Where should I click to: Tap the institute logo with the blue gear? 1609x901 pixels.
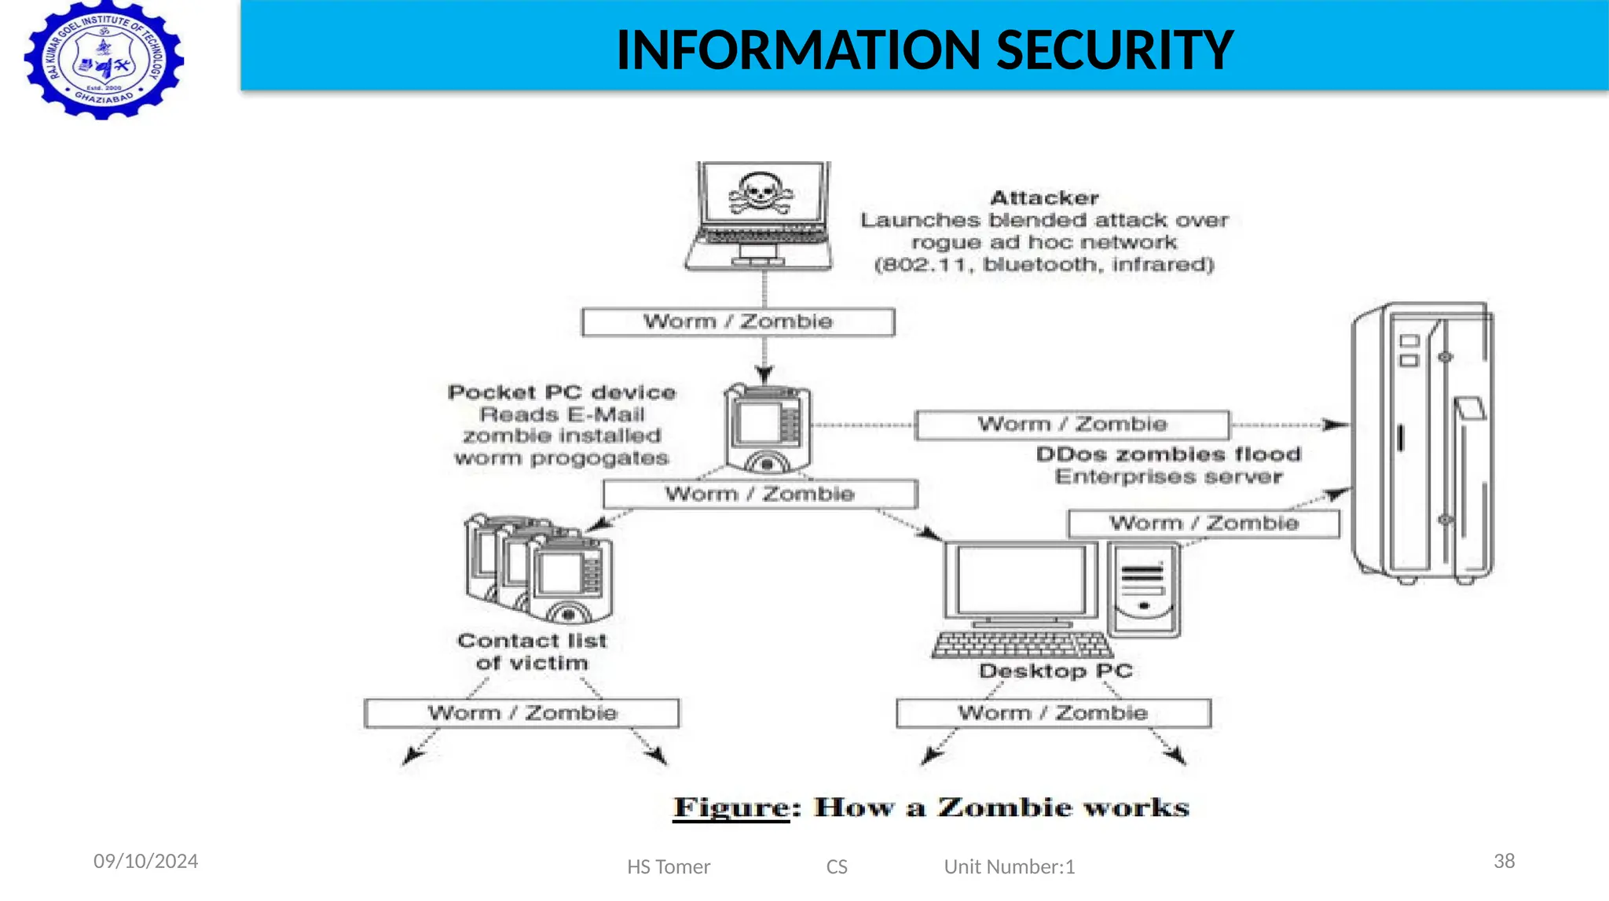coord(104,61)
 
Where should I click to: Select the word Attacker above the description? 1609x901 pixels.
coord(1044,198)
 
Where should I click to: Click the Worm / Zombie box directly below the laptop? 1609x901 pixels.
coord(738,322)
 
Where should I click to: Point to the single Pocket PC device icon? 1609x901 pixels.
coord(768,428)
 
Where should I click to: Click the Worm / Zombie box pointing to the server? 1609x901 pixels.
coord(1072,425)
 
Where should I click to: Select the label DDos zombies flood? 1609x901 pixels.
coord(1168,454)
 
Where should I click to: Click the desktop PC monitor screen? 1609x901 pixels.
coord(1021,580)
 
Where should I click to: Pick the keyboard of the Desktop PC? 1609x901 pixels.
coord(1022,645)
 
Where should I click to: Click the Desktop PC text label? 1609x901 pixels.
coord(1055,671)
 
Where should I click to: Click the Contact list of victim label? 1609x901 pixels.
coord(532,652)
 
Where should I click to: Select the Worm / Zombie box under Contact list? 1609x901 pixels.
coord(522,713)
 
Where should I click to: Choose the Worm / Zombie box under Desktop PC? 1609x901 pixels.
coord(1053,713)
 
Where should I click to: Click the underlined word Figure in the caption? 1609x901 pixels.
coord(731,807)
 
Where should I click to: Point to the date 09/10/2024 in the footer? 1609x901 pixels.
coord(145,862)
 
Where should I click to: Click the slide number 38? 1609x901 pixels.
coord(1504,861)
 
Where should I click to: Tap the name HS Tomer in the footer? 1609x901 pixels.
coord(668,867)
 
